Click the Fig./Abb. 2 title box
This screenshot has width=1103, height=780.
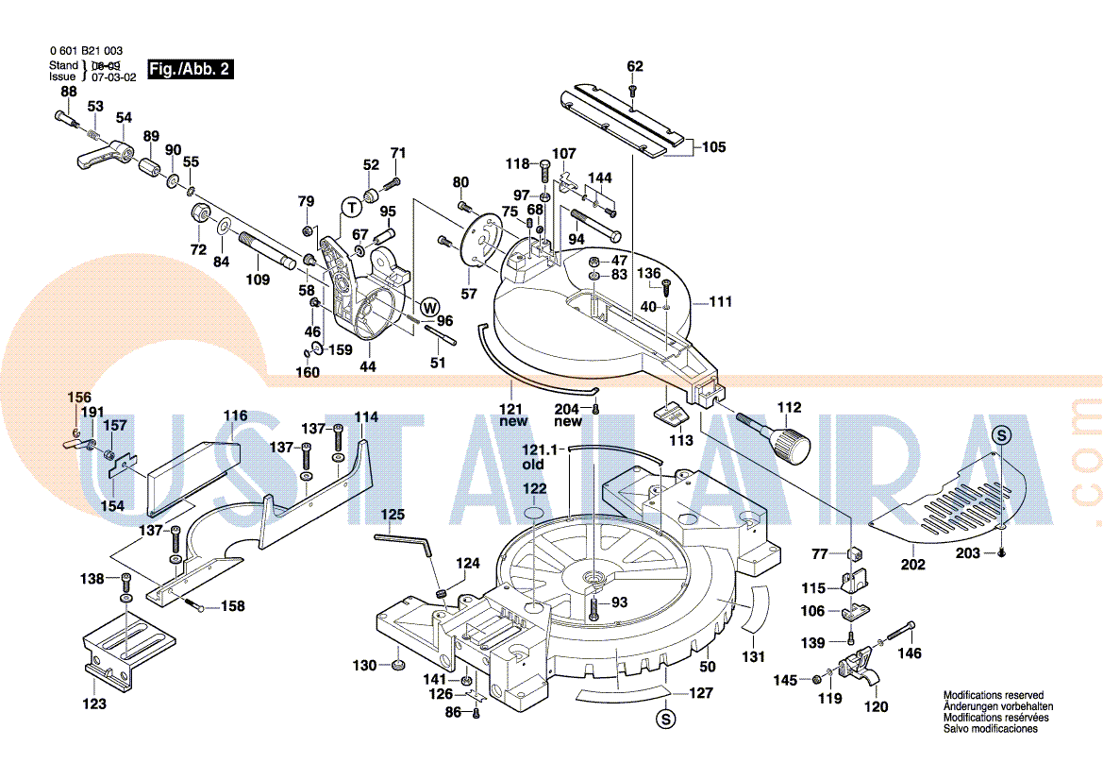pyautogui.click(x=189, y=70)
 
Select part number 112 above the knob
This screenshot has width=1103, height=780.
pyautogui.click(x=789, y=408)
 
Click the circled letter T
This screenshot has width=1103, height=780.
pyautogui.click(x=351, y=206)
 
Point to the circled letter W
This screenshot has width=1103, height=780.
pyautogui.click(x=429, y=307)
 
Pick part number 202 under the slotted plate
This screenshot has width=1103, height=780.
pyautogui.click(x=912, y=565)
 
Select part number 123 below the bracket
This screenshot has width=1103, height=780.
pyautogui.click(x=94, y=704)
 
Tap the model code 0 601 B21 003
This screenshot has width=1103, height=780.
pyautogui.click(x=86, y=51)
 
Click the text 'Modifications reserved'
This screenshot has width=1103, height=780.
pyautogui.click(x=994, y=695)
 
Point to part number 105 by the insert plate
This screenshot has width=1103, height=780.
pyautogui.click(x=714, y=146)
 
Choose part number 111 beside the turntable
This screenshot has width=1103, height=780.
pyautogui.click(x=721, y=302)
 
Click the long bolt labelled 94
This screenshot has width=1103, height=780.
pyautogui.click(x=594, y=225)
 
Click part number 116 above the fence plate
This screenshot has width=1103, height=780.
pyautogui.click(x=235, y=415)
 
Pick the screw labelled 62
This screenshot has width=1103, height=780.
pyautogui.click(x=633, y=91)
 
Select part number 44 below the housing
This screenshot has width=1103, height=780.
pyautogui.click(x=368, y=366)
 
